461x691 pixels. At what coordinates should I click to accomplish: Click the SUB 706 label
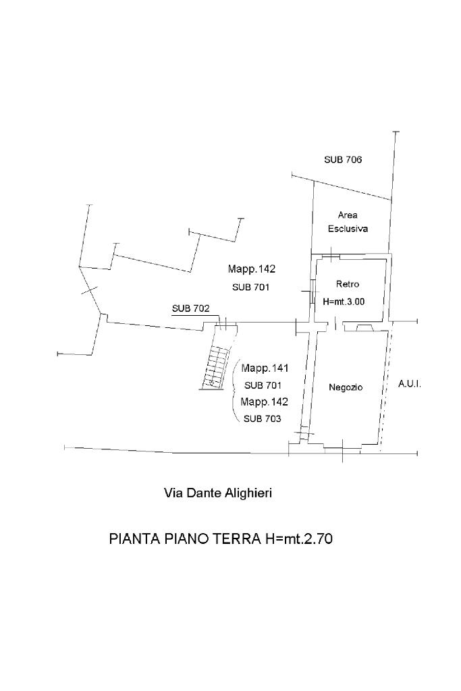pos(343,160)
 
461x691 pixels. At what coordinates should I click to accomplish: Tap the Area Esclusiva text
pos(348,222)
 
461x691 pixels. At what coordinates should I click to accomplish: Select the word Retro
pos(348,284)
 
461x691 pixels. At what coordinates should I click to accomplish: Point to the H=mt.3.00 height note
pos(344,302)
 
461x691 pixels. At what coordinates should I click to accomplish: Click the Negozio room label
pos(346,387)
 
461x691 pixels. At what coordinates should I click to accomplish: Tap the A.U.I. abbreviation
pos(410,383)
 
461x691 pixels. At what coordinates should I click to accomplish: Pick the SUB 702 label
pos(190,308)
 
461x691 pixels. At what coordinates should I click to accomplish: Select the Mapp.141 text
pos(265,368)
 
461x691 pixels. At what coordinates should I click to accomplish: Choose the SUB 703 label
pos(263,418)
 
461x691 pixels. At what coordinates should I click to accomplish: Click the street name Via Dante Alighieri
pos(218,493)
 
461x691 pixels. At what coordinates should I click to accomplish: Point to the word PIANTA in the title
pos(134,539)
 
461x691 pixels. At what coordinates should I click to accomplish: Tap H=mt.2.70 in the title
pos(296,539)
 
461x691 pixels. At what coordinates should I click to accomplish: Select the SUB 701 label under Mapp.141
pos(263,385)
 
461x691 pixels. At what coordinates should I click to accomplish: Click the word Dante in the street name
pos(205,493)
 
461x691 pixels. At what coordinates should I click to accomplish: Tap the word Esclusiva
pos(348,229)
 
